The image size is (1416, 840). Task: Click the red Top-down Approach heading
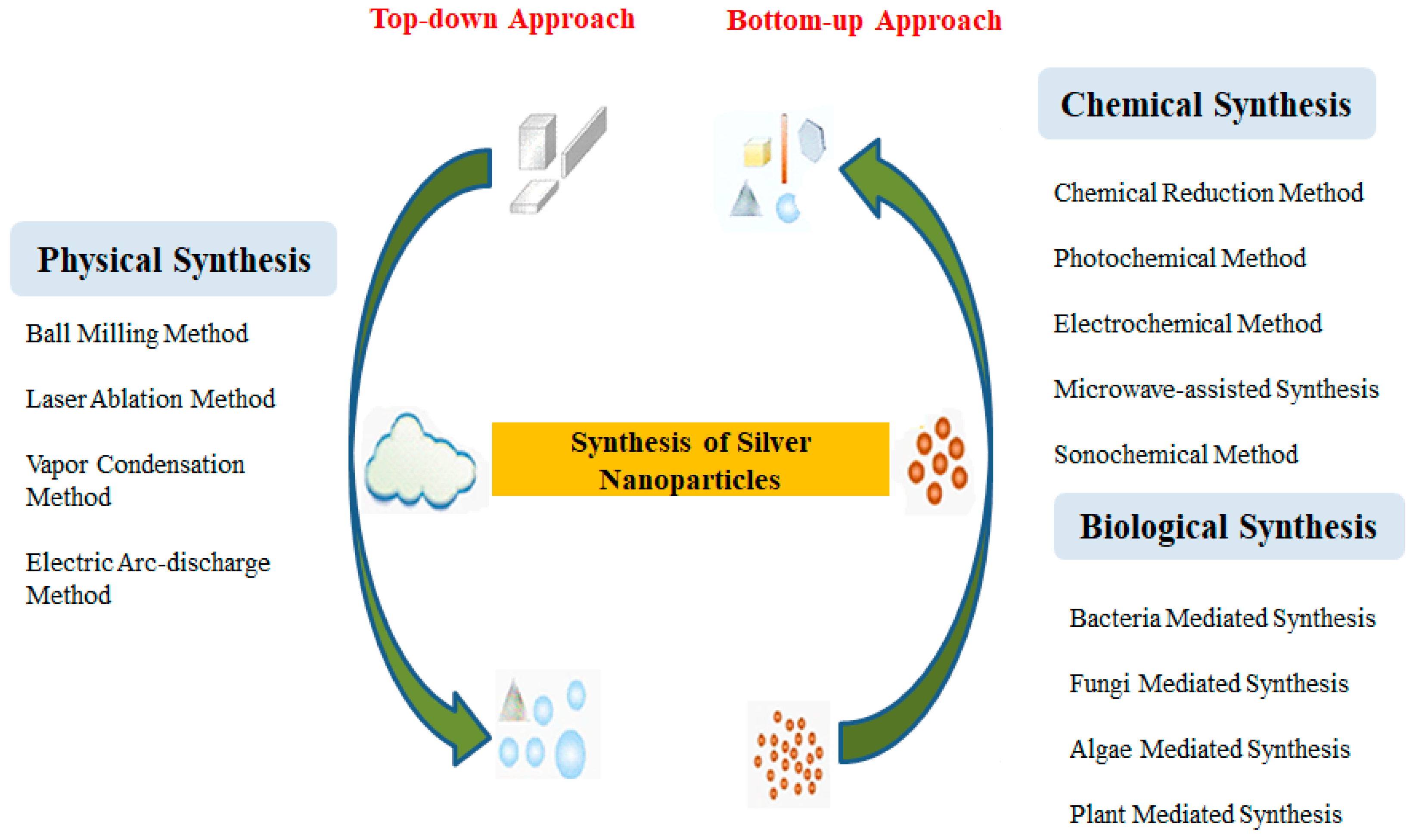tap(502, 19)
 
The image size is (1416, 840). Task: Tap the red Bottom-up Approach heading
tap(863, 21)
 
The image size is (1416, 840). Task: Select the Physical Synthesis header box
tap(174, 259)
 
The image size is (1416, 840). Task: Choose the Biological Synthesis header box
tap(1228, 526)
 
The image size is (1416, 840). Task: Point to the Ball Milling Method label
tap(137, 333)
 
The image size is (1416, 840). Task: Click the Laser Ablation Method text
tap(150, 399)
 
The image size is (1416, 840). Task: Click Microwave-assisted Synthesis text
tap(1215, 389)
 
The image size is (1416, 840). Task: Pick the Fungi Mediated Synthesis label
tap(1208, 684)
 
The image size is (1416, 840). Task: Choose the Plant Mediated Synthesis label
tap(1205, 815)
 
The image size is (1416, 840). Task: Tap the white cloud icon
tap(420, 461)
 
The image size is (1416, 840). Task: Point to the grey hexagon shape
tap(811, 140)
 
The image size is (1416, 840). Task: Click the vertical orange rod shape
tap(784, 148)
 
